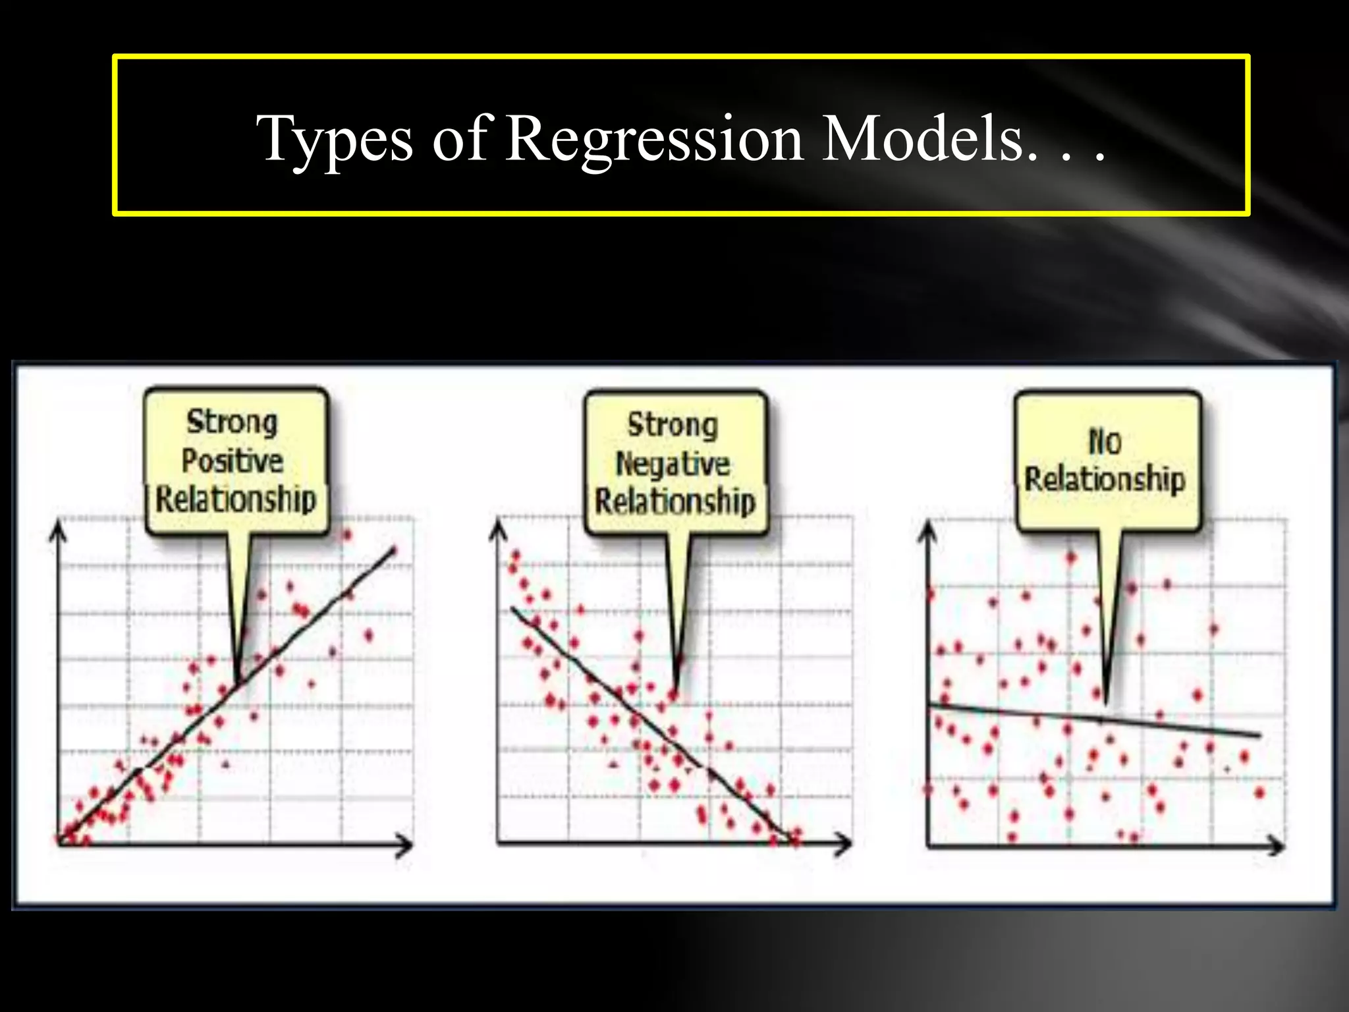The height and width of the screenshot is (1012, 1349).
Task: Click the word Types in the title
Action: pos(335,140)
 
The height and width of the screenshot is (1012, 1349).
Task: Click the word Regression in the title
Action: pos(655,140)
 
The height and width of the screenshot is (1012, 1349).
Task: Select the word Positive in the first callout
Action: pos(232,461)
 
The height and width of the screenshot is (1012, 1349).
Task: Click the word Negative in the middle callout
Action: pos(673,464)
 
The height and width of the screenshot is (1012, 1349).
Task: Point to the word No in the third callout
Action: pos(1105,441)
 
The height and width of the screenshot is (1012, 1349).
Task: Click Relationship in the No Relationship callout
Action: pos(1105,479)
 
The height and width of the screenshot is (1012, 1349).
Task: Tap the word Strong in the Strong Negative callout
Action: pos(673,425)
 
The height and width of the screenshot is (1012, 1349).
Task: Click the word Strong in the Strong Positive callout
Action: pos(232,422)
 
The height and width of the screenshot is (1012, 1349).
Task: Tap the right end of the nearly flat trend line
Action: pos(1259,735)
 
